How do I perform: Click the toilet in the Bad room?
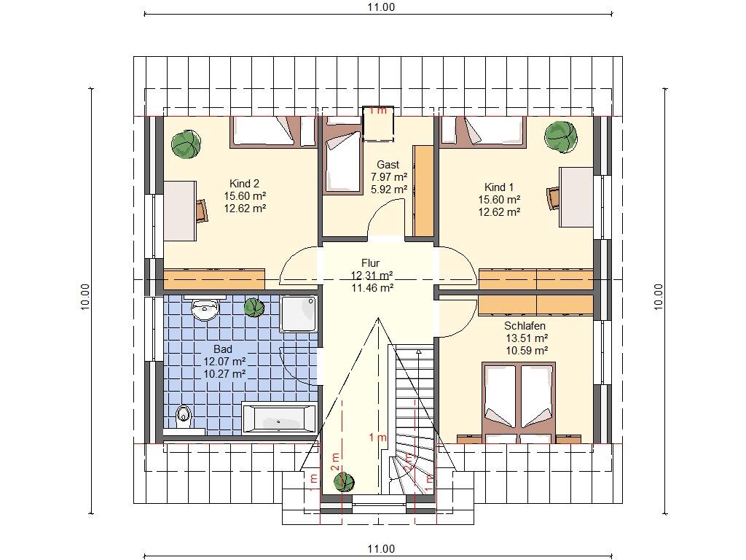(183, 416)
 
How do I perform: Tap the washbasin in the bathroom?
(205, 309)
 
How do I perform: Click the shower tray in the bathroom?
(299, 314)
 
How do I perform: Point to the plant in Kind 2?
(186, 144)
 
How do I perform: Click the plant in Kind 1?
(561, 136)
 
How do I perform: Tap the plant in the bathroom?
(254, 307)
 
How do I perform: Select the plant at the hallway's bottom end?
(344, 483)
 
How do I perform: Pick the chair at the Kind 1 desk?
(554, 198)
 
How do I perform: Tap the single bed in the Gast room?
(342, 162)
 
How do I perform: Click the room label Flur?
(370, 262)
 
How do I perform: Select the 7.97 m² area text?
(389, 177)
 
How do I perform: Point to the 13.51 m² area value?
(527, 338)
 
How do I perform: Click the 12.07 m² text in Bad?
(224, 362)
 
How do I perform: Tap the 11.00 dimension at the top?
(381, 7)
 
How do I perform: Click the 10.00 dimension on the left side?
(85, 297)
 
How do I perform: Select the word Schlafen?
(525, 326)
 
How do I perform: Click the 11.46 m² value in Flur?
(372, 287)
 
